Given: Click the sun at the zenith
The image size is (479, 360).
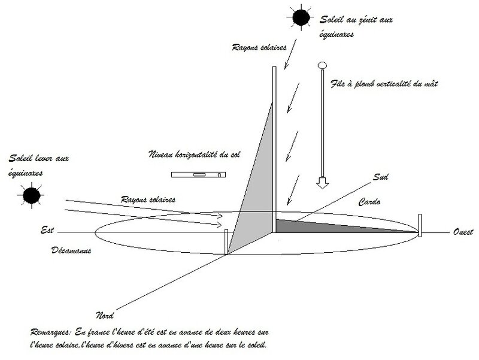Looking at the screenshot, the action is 301,17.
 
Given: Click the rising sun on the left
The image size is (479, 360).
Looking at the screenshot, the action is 32,195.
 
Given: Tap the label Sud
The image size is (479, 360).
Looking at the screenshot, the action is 380,177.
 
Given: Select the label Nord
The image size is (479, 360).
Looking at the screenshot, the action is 105,315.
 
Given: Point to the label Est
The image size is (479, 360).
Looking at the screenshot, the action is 47,230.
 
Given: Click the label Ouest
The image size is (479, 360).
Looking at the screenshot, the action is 462,232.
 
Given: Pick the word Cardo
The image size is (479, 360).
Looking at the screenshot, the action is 369,202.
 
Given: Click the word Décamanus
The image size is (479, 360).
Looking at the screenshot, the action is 71,250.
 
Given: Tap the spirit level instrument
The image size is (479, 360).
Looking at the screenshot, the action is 199,174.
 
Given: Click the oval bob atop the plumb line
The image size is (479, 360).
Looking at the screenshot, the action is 322,65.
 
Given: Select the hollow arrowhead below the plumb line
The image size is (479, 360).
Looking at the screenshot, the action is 322,183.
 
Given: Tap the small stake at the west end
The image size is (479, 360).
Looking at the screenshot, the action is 420,225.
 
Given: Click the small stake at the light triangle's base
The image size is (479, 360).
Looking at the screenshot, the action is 226,242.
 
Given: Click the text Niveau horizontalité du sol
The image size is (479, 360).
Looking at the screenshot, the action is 195,155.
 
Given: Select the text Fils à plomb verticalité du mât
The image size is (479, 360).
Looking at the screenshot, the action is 384,83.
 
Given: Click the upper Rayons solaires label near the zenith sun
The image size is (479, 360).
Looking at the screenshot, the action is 259,47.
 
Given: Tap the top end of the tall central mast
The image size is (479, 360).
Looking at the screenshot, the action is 274,67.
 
